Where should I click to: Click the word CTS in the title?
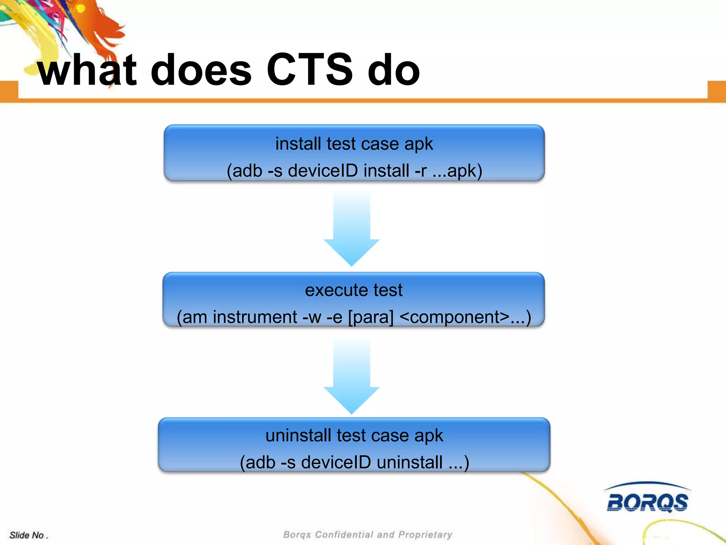click(x=309, y=70)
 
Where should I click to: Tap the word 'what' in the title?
click(x=87, y=70)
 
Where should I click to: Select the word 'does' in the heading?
click(x=201, y=70)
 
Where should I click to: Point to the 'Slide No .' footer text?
click(x=28, y=535)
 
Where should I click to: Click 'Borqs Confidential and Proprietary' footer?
click(x=368, y=534)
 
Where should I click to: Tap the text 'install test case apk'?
click(x=354, y=144)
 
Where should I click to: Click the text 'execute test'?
click(x=354, y=290)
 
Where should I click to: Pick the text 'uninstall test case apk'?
click(x=354, y=436)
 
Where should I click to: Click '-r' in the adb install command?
click(x=420, y=171)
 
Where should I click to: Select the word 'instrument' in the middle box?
click(x=255, y=317)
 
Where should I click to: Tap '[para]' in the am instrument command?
click(x=371, y=317)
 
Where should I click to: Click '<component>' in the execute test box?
click(x=454, y=317)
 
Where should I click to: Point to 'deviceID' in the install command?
click(x=323, y=171)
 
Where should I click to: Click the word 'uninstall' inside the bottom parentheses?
click(x=409, y=463)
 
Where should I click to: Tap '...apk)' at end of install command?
click(x=457, y=171)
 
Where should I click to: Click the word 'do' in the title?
click(x=393, y=70)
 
